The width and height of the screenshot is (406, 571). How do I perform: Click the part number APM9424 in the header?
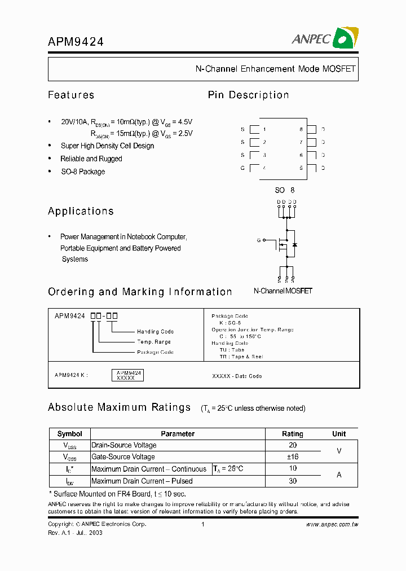click(76, 41)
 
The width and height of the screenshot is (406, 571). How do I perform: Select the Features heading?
click(71, 95)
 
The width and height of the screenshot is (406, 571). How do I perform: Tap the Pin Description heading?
click(248, 95)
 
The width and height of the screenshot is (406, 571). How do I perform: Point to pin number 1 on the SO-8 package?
click(264, 129)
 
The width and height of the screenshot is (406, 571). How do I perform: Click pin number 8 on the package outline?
click(302, 129)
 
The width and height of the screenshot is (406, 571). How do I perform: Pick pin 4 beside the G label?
click(264, 168)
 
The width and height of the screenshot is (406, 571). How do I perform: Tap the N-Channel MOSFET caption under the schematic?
click(283, 291)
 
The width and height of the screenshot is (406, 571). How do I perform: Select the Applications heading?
click(81, 211)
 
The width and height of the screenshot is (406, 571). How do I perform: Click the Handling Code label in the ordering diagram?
click(155, 332)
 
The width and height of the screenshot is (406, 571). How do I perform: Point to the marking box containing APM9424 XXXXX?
click(129, 375)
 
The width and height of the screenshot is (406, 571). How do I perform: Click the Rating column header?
click(292, 434)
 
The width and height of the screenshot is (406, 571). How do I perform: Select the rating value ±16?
click(293, 457)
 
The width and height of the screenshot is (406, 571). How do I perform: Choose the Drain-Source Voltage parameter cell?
click(124, 445)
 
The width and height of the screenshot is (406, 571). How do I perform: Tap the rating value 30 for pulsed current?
click(293, 481)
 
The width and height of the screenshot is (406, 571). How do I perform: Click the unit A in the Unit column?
click(339, 475)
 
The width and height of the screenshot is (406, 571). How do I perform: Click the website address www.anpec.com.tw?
click(332, 524)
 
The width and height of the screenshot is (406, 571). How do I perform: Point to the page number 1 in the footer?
click(202, 524)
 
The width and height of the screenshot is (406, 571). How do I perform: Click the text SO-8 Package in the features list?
click(83, 172)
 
